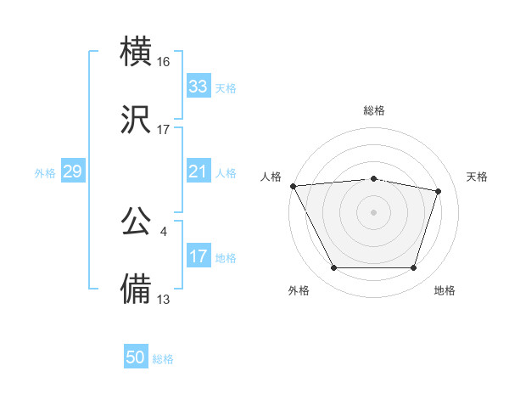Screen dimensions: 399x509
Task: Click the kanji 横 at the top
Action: pyautogui.click(x=137, y=52)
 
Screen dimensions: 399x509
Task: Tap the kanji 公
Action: pyautogui.click(x=137, y=222)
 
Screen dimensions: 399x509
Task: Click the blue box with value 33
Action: pyautogui.click(x=198, y=87)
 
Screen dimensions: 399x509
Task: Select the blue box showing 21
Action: pyautogui.click(x=198, y=171)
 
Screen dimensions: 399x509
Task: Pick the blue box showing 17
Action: pyautogui.click(x=198, y=257)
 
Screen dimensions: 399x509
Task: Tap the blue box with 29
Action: pyautogui.click(x=72, y=171)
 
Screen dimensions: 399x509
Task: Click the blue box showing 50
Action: pyautogui.click(x=136, y=357)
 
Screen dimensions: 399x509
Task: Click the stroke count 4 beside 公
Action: pyautogui.click(x=163, y=231)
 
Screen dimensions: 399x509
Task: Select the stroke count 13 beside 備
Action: pyautogui.click(x=164, y=299)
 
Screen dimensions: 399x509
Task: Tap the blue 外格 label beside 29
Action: pyautogui.click(x=45, y=172)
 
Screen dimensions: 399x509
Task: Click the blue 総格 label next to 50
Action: pyautogui.click(x=163, y=359)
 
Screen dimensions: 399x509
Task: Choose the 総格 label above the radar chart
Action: pyautogui.click(x=374, y=110)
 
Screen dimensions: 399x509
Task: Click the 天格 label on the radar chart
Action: pyautogui.click(x=478, y=177)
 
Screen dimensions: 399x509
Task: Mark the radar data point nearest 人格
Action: pyautogui.click(x=293, y=186)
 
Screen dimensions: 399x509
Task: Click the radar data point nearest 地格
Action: pyautogui.click(x=413, y=268)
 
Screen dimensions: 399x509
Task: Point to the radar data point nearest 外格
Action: pyautogui.click(x=333, y=268)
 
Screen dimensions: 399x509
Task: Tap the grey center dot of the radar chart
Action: pyautogui.click(x=373, y=211)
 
